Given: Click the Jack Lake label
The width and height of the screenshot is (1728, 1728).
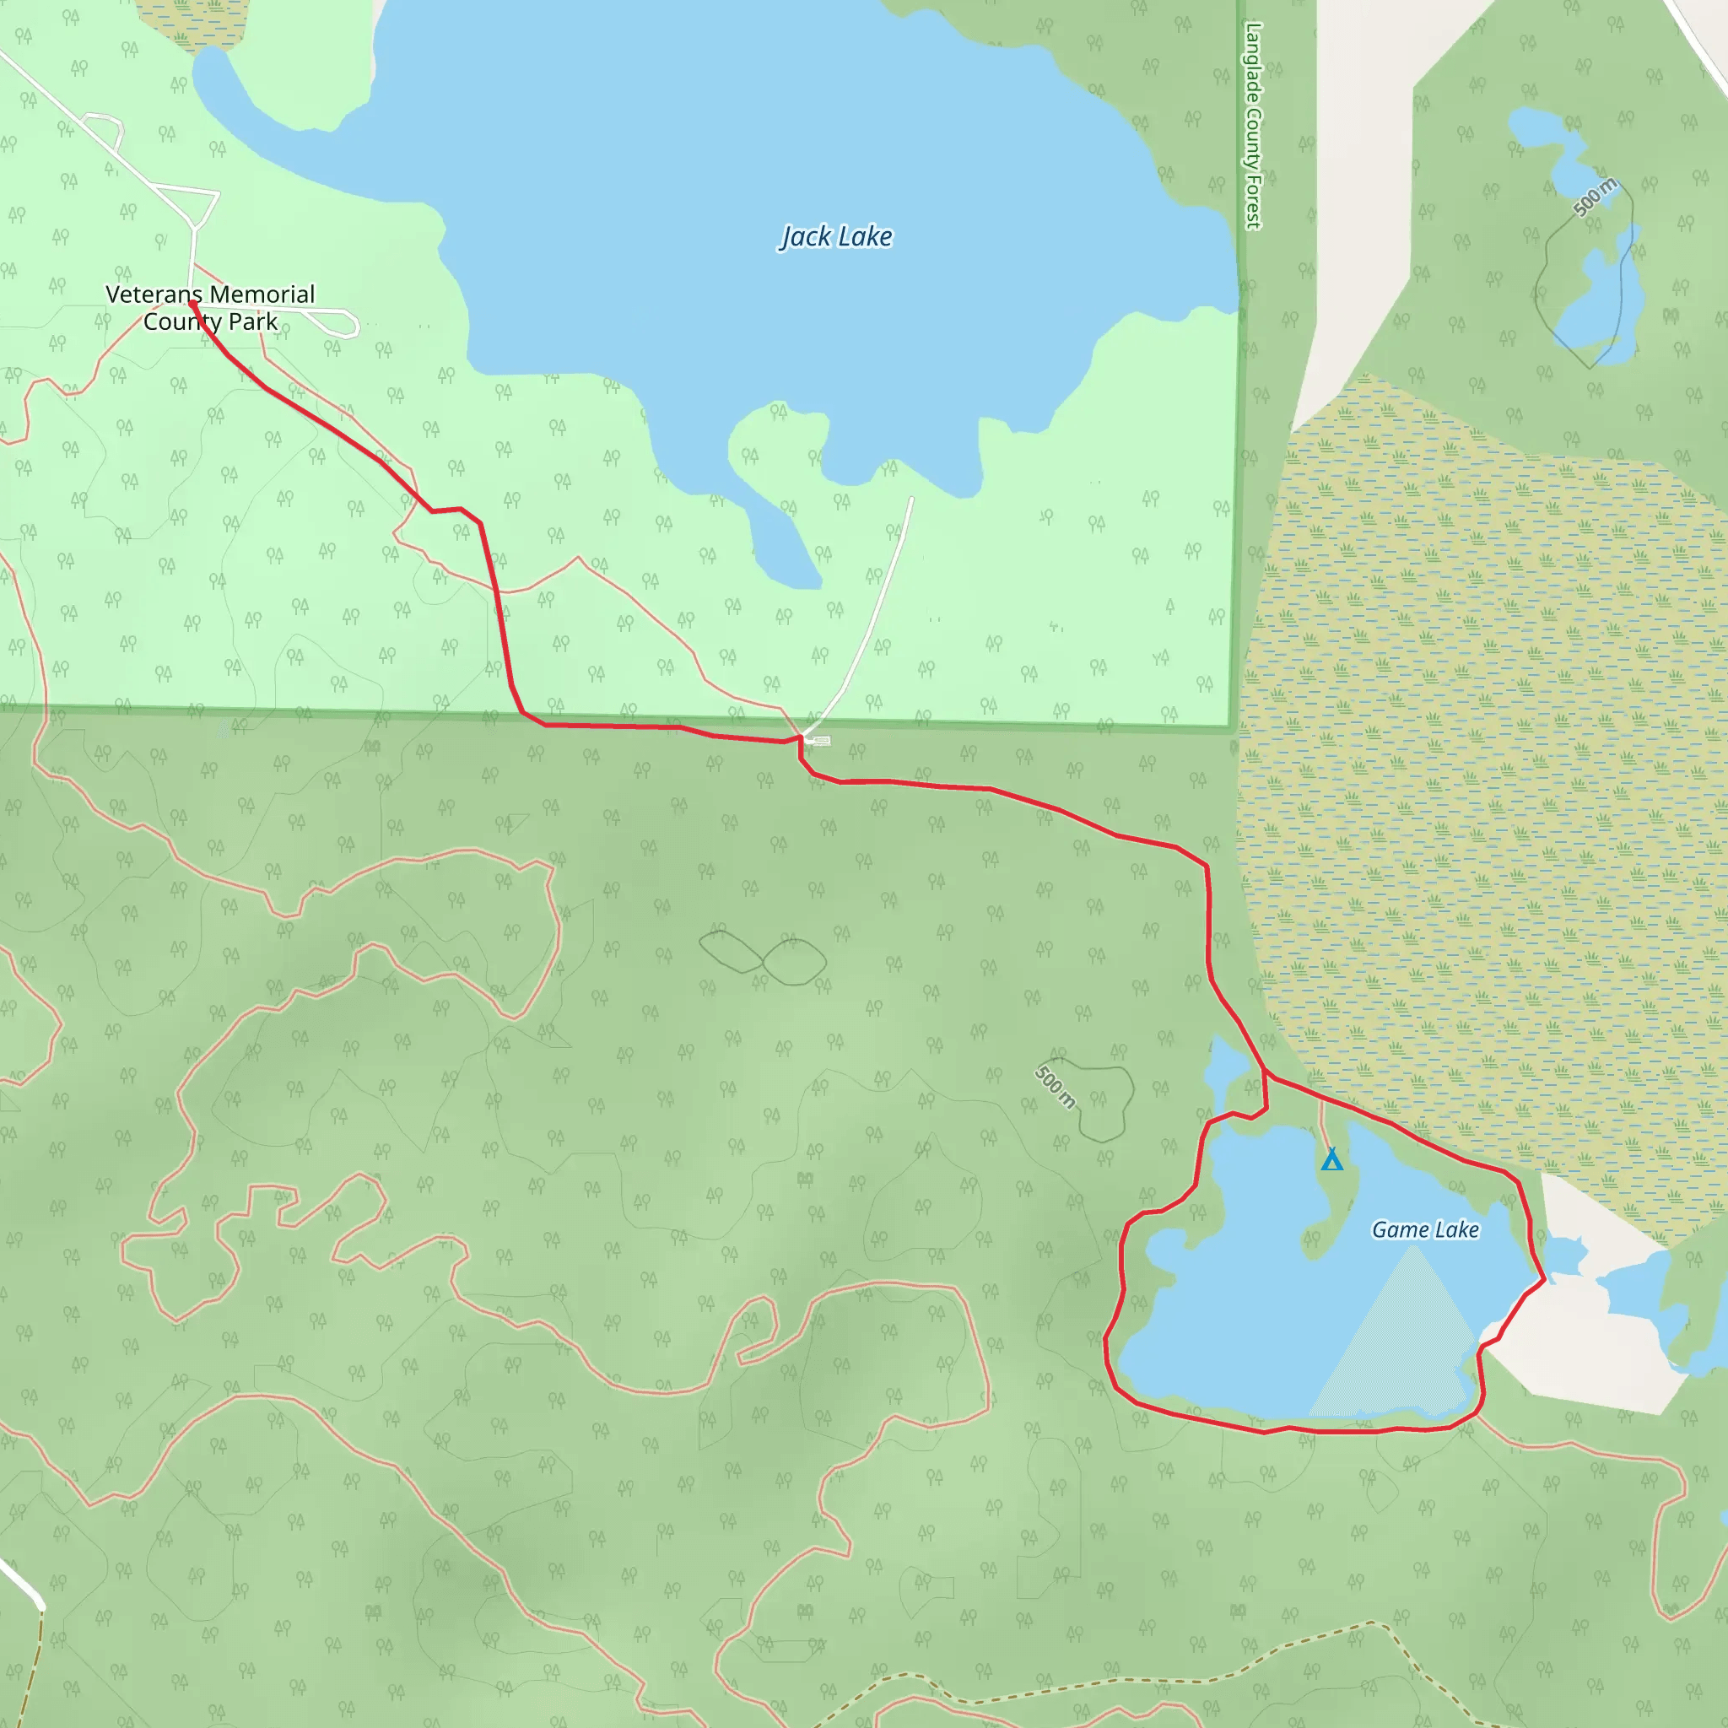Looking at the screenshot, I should [x=835, y=237].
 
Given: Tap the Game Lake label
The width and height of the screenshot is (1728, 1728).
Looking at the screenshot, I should [x=1425, y=1230].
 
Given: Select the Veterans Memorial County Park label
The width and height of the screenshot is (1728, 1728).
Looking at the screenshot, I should [x=210, y=308].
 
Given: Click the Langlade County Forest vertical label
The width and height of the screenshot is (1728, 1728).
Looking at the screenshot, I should [x=1253, y=125].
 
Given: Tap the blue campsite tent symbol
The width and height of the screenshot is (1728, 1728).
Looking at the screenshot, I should [x=1331, y=1159].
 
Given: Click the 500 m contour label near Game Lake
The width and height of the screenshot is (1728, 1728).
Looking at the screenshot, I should [x=1056, y=1087].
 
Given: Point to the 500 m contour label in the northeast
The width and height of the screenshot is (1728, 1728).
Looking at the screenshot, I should [x=1595, y=197].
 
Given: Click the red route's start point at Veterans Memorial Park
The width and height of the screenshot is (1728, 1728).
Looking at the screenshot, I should [x=192, y=304].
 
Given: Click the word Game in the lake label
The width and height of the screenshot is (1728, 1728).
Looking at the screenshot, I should [x=1401, y=1230].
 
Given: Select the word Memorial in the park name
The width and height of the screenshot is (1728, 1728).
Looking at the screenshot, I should [x=262, y=294].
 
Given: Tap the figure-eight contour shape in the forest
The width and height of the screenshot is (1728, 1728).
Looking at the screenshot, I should [x=762, y=959].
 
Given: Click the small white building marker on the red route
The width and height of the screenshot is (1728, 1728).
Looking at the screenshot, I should [x=818, y=741].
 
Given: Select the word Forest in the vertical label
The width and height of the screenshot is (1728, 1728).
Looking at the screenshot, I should [x=1253, y=202].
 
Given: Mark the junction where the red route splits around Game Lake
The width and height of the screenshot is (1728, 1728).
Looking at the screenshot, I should [x=1265, y=1074].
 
